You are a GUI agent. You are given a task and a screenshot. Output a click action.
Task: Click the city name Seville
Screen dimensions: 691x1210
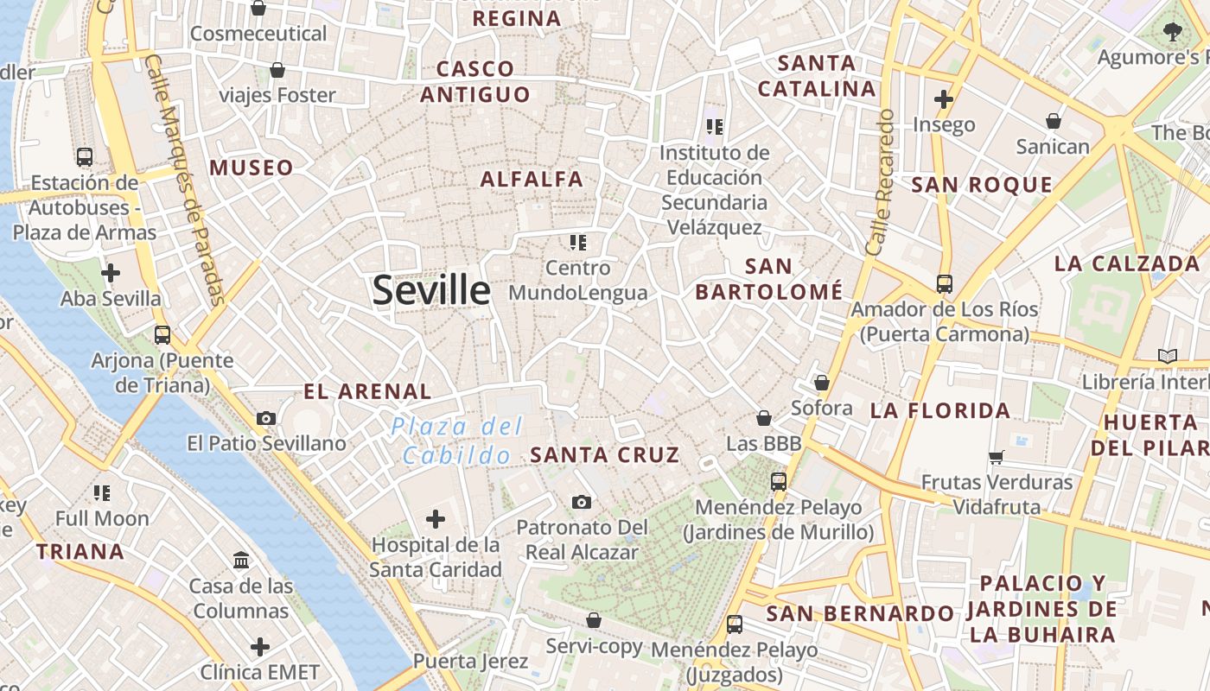[x=431, y=291]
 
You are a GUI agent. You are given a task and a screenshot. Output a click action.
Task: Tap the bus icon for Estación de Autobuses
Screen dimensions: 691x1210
[x=85, y=157]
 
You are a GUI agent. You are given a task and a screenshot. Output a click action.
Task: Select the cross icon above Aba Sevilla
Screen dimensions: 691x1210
[x=111, y=273]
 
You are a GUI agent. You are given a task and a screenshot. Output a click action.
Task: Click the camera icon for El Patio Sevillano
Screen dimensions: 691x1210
[x=266, y=418]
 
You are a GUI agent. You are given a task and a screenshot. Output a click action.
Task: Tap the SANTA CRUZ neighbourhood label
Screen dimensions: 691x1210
[x=604, y=454]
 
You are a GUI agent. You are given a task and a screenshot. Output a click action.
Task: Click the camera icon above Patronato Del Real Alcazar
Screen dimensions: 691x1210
[x=582, y=502]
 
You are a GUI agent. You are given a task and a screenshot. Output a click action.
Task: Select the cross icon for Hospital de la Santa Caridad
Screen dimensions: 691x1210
[x=436, y=519]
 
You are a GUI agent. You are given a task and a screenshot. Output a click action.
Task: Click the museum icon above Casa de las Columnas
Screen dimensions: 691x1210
[x=241, y=560]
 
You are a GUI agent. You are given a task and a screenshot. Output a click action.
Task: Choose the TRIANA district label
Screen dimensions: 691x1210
[x=80, y=551]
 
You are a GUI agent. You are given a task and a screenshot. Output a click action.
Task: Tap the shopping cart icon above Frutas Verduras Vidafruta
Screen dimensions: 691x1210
[x=997, y=457]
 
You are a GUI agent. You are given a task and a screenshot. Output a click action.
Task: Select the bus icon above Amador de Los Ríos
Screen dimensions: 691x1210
[x=944, y=283]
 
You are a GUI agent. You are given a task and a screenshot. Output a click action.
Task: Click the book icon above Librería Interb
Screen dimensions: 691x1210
[x=1167, y=356]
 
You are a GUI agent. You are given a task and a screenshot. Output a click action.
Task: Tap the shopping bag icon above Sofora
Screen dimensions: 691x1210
[x=821, y=382]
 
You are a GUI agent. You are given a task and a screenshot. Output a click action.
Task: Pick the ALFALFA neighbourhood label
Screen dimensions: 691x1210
[x=532, y=180]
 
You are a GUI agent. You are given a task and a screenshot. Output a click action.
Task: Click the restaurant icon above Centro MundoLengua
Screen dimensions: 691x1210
[x=577, y=243]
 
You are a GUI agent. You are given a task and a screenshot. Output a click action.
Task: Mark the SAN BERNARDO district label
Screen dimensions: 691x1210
[x=860, y=613]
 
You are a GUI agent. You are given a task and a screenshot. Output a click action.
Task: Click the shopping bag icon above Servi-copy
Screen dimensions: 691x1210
[x=594, y=620]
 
